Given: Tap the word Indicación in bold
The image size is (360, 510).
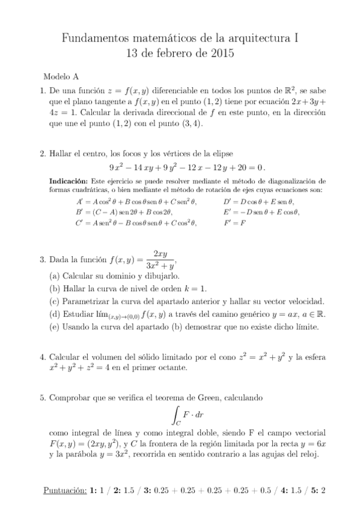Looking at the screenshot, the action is tap(68, 181).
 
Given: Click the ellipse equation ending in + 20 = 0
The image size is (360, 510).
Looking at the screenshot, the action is tap(187, 167).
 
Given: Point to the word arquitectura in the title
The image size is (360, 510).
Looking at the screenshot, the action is tap(250, 39).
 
